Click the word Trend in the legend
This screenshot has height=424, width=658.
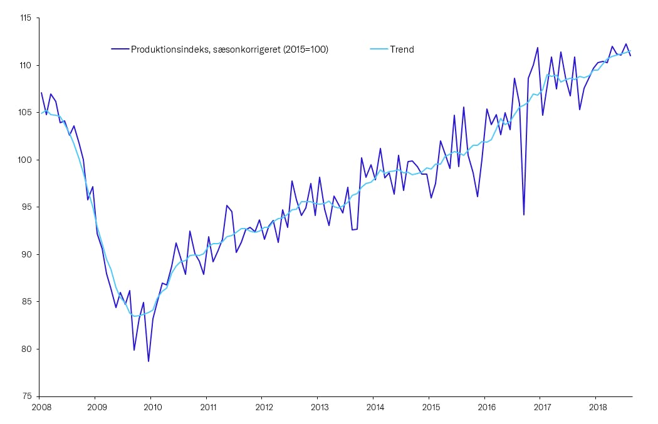pos(402,49)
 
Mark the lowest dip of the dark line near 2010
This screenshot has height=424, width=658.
pos(149,361)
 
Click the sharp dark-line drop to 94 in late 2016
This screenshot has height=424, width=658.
pos(524,215)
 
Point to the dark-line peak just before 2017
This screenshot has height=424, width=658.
pos(538,48)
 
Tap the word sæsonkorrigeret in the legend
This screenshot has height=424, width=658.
pos(241,49)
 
